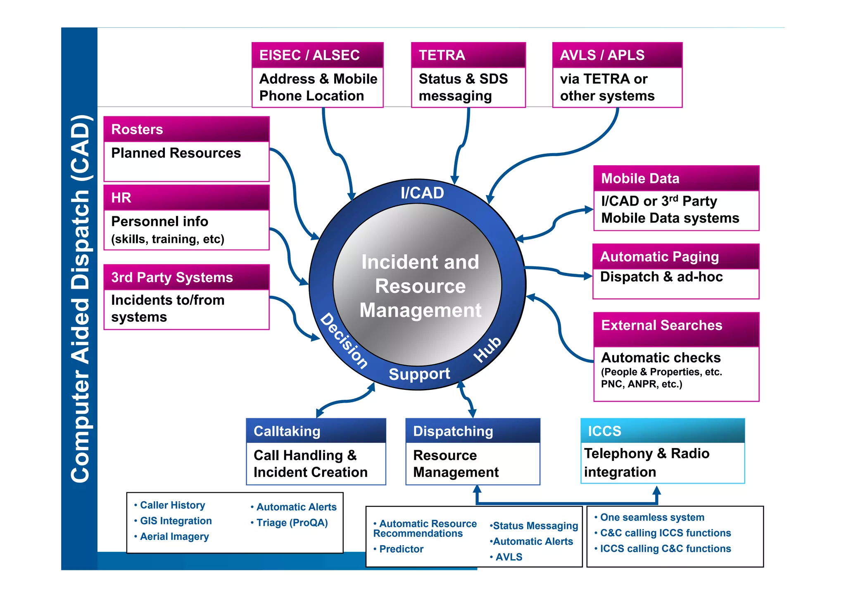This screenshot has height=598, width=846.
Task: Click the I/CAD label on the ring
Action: click(x=422, y=193)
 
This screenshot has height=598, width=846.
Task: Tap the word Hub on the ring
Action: click(x=487, y=349)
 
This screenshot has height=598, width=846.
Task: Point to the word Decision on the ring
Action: click(x=344, y=341)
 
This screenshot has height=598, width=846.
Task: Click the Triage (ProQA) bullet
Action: click(x=292, y=523)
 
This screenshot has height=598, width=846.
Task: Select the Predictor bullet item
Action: click(x=401, y=549)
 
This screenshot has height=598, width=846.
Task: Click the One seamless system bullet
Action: click(x=652, y=517)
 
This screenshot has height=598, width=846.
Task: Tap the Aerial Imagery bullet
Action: click(x=174, y=536)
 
